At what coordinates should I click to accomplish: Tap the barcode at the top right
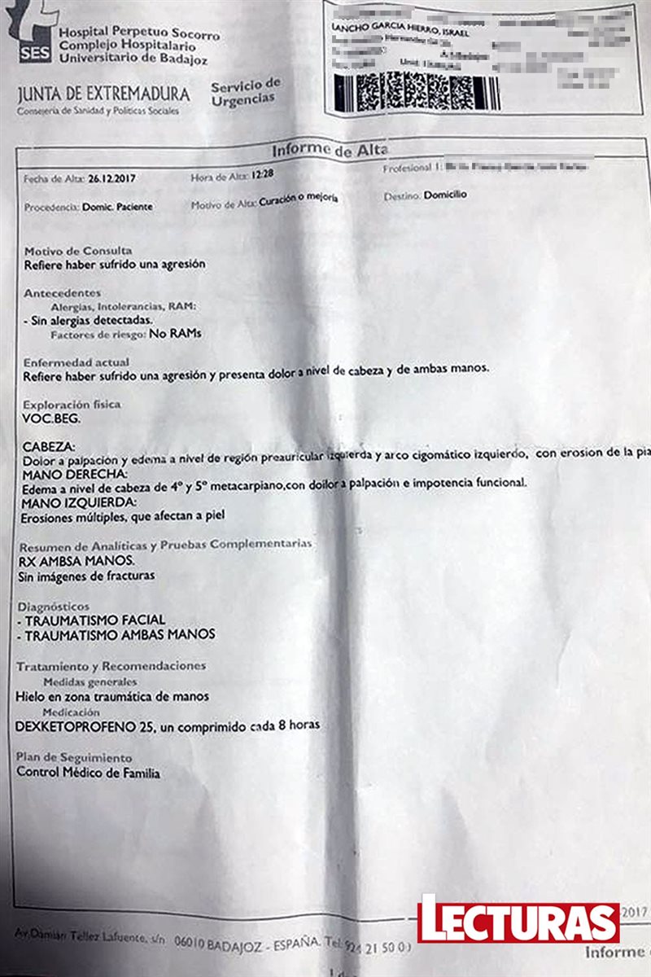pyautogui.click(x=417, y=91)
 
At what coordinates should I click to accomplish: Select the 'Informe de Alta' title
pyautogui.click(x=330, y=150)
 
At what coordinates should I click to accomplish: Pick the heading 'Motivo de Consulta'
pyautogui.click(x=77, y=251)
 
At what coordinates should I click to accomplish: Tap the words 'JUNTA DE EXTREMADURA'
pyautogui.click(x=103, y=95)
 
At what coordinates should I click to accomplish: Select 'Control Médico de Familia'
pyautogui.click(x=88, y=773)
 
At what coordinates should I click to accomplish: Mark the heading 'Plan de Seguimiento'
pyautogui.click(x=74, y=757)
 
